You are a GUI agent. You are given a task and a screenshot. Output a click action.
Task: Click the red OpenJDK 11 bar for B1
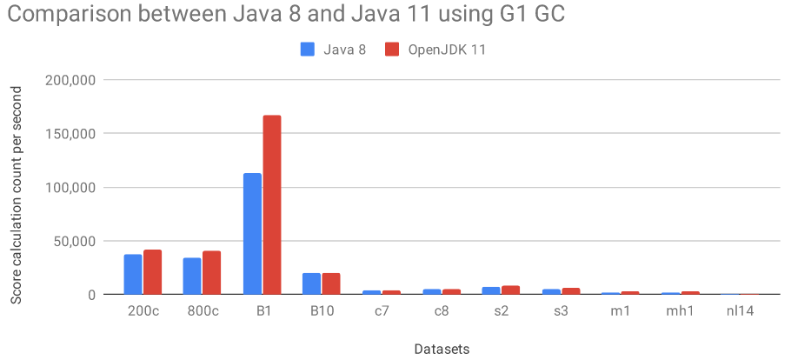[x=271, y=205]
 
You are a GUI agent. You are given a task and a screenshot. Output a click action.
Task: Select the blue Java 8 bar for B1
[x=252, y=234]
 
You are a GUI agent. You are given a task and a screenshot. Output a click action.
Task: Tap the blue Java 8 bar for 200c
[x=133, y=274]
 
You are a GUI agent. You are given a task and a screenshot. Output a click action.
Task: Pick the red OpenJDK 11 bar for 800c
[x=212, y=273]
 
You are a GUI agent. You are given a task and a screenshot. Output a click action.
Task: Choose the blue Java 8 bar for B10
[x=311, y=283]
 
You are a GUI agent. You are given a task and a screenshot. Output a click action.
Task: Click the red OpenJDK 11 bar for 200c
[x=153, y=272]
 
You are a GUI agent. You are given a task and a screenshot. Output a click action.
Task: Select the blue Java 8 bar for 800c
[x=192, y=276]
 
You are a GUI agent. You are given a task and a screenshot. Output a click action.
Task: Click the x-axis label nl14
[x=741, y=311]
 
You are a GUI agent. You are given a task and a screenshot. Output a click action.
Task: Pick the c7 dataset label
[x=371, y=311]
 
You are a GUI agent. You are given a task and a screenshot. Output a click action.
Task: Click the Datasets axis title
[x=440, y=348]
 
